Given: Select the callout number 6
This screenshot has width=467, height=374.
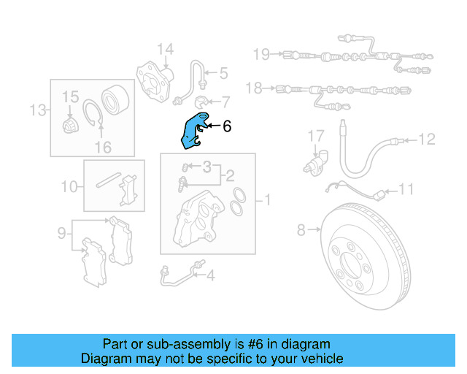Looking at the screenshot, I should pyautogui.click(x=226, y=126).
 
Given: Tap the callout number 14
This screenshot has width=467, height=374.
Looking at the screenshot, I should pyautogui.click(x=166, y=50).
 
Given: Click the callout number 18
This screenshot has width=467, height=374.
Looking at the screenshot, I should pyautogui.click(x=253, y=88).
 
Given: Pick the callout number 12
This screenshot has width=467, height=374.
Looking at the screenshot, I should pyautogui.click(x=427, y=138).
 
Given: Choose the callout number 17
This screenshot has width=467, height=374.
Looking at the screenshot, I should pyautogui.click(x=314, y=135).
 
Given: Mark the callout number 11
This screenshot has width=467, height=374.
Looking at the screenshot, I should pyautogui.click(x=406, y=189).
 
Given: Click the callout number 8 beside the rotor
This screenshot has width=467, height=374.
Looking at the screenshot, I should pyautogui.click(x=301, y=231).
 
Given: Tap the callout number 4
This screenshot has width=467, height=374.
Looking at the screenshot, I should pyautogui.click(x=210, y=275).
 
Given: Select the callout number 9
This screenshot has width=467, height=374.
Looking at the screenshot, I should pyautogui.click(x=62, y=233).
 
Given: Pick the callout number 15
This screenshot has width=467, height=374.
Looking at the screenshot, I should pyautogui.click(x=69, y=96).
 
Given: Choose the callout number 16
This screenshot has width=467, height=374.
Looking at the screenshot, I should pyautogui.click(x=103, y=147).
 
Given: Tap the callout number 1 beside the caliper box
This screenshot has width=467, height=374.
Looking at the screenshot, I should pyautogui.click(x=267, y=199).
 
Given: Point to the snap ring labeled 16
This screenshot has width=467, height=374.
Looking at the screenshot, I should pyautogui.click(x=90, y=118).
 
